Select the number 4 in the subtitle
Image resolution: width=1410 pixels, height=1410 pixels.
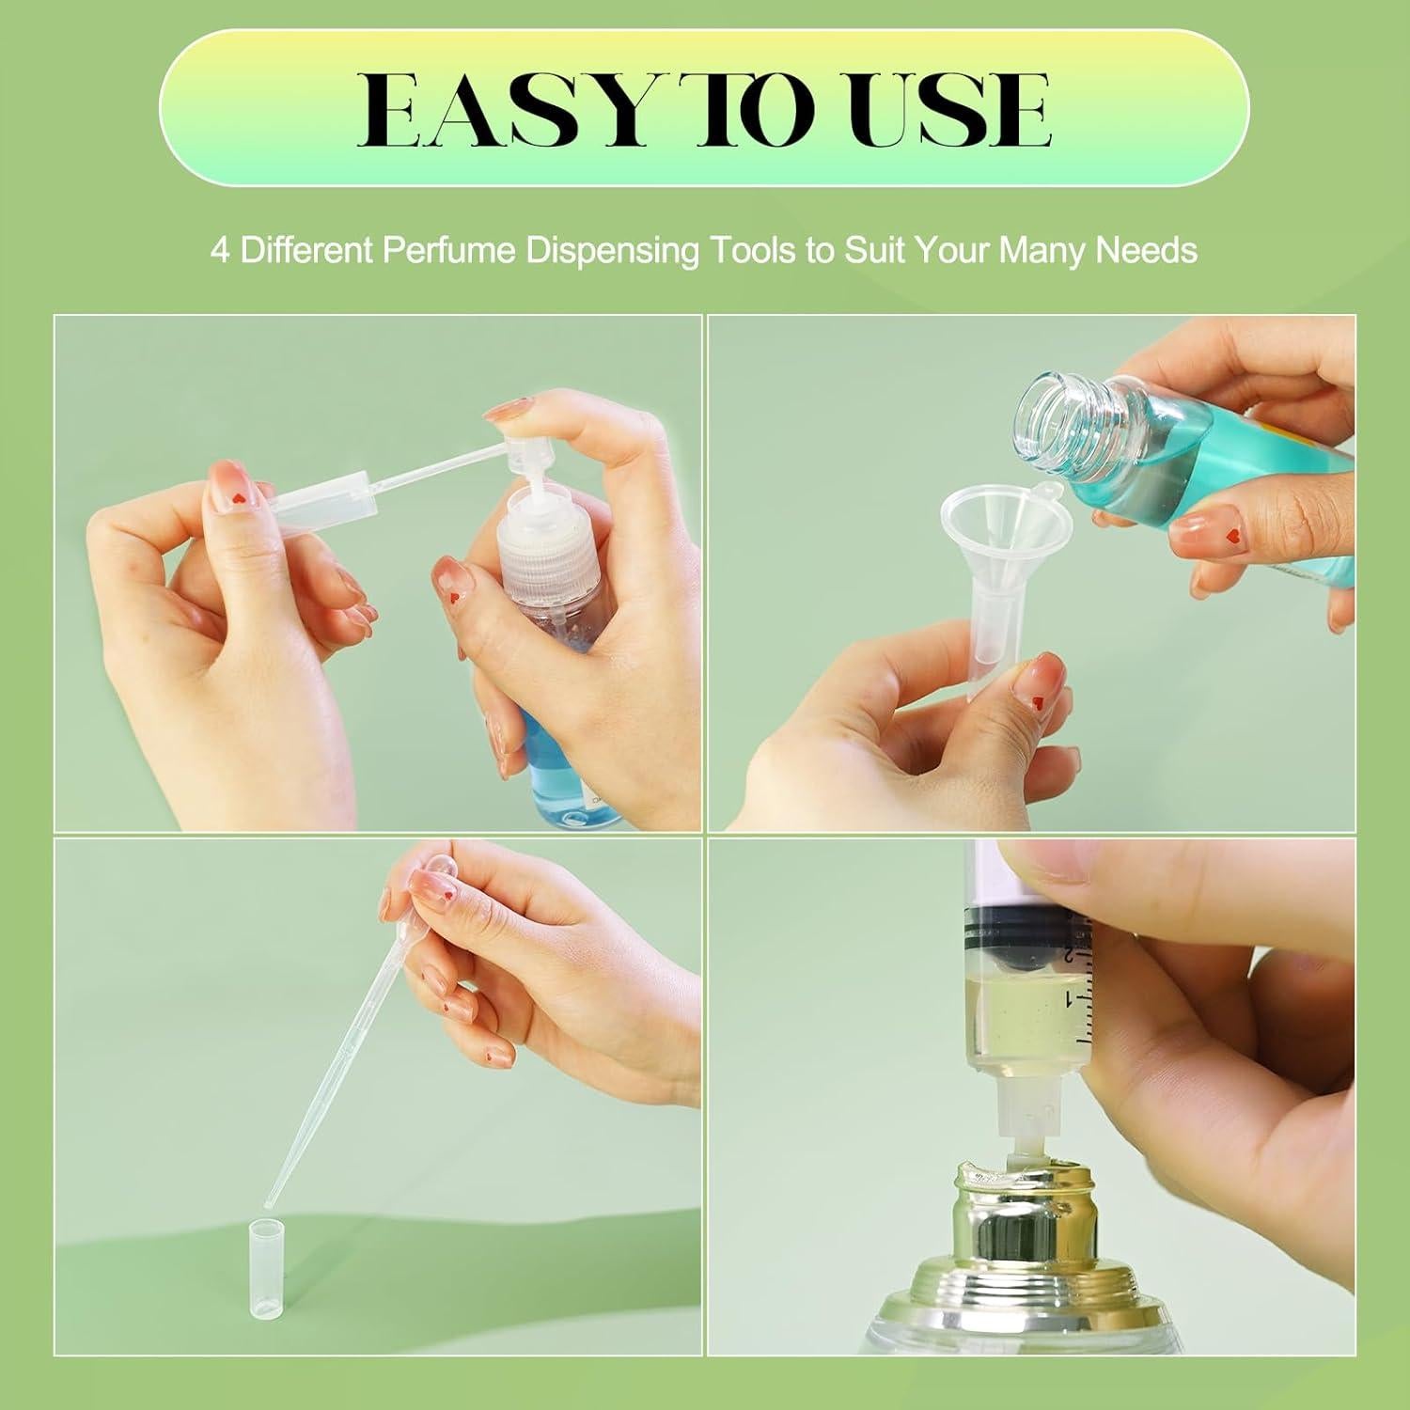[219, 251]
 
